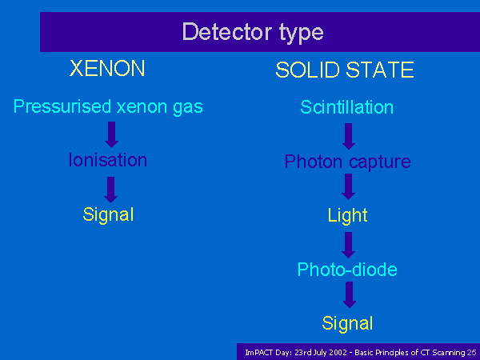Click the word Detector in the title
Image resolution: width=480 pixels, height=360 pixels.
(227, 31)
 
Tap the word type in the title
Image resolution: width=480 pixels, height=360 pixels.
(302, 34)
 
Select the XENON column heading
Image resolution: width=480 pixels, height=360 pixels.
(107, 68)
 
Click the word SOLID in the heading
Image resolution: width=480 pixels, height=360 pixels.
(308, 70)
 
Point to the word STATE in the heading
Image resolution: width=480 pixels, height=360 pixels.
(380, 70)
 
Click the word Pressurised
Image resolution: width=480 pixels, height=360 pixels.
(62, 106)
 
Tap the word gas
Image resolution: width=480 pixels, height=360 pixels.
(188, 108)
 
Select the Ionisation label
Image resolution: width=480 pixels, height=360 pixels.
(108, 160)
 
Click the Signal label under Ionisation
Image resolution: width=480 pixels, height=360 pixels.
(108, 215)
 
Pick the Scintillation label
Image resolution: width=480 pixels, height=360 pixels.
(347, 107)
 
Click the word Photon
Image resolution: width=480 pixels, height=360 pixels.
(313, 162)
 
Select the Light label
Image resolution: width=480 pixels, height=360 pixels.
(347, 216)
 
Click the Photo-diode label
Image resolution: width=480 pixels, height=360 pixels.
(347, 270)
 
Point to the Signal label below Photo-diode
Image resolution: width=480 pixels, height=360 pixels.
(347, 323)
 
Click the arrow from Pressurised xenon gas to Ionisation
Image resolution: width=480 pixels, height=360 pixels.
(111, 134)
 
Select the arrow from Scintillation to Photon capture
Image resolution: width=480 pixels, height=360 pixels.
(349, 136)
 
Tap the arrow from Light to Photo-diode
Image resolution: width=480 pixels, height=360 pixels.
(348, 245)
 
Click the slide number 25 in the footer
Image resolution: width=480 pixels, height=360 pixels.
(472, 352)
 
